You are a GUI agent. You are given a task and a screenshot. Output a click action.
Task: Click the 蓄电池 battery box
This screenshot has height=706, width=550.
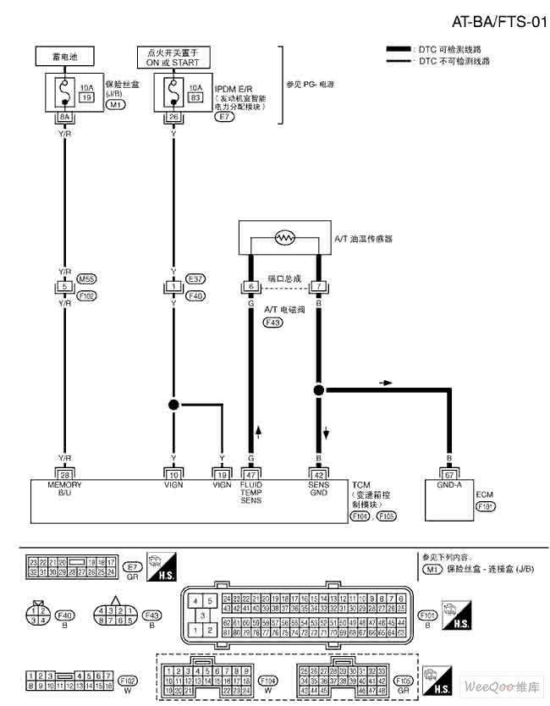coord(64,58)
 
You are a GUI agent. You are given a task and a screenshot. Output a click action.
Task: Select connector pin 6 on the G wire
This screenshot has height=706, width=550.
coord(250,287)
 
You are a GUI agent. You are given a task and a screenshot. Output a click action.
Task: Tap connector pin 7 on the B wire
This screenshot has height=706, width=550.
coord(319,287)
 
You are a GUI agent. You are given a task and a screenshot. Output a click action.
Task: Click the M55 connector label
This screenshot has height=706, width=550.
coord(86,278)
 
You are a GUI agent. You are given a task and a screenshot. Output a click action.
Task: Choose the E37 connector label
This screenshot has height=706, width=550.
coord(195,278)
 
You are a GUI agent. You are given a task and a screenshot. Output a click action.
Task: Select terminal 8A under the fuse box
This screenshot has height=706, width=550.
coord(64,117)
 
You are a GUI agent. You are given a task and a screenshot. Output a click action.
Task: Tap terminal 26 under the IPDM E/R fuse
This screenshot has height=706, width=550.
coord(173,117)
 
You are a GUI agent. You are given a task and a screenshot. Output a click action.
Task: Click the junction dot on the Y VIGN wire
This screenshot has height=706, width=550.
coord(173,405)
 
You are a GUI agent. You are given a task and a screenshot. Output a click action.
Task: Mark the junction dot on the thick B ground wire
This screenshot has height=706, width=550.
coord(319,390)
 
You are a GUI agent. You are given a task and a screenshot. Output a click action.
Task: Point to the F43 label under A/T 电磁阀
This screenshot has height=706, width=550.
coord(273,323)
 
